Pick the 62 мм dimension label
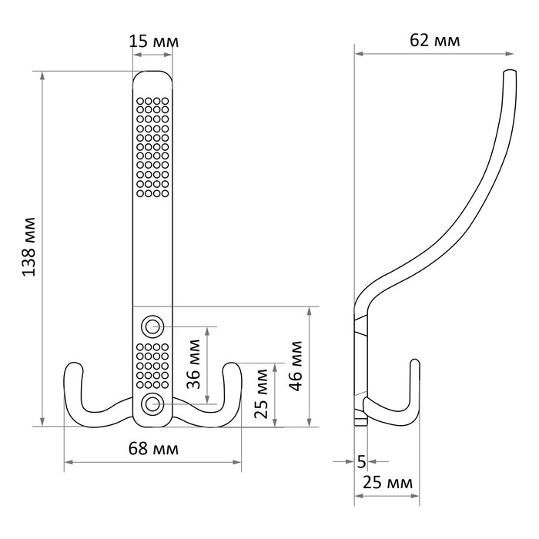coord(434,40)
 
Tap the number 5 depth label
coord(361,462)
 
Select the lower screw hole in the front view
coord(153,403)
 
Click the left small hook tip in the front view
coord(73,368)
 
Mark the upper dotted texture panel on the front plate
coord(153,146)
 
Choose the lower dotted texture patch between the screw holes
coord(153,364)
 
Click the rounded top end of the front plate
coord(153,77)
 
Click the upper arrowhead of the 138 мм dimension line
coord(43,75)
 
